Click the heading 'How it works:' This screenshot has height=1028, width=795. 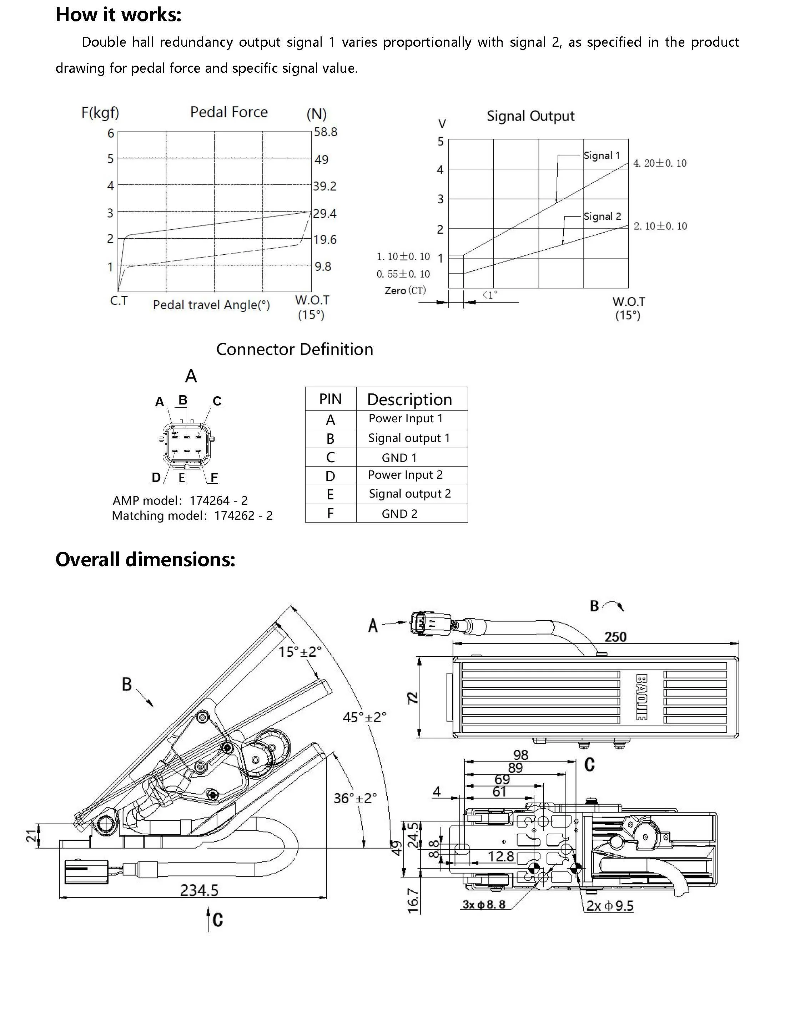coord(118,15)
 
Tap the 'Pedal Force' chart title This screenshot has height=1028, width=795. coord(229,112)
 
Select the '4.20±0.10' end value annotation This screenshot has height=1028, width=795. coord(660,163)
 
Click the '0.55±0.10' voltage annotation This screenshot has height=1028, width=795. coord(403,274)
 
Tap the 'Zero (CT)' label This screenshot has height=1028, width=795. coord(405,290)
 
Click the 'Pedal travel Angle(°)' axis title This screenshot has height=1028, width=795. coord(211,305)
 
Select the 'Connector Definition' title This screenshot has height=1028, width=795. coord(295,349)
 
